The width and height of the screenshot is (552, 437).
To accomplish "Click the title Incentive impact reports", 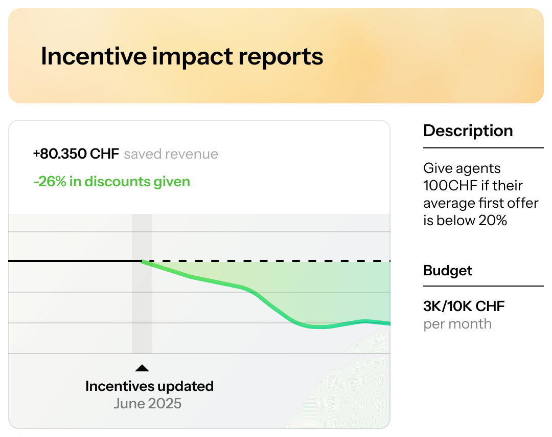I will (x=182, y=56).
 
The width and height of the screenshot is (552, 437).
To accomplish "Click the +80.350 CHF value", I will (x=76, y=154).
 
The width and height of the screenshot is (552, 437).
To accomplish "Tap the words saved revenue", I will (x=171, y=154).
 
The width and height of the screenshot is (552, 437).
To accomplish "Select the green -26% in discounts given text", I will (x=111, y=182).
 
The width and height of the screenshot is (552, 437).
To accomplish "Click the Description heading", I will (x=468, y=131).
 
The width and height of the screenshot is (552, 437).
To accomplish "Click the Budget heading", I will (x=448, y=271).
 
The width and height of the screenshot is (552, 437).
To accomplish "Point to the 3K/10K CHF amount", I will (x=464, y=307).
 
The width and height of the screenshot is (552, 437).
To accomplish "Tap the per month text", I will (x=457, y=324).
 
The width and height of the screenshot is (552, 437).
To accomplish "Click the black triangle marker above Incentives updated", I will (x=142, y=368).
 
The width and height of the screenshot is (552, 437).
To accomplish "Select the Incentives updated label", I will (x=149, y=386).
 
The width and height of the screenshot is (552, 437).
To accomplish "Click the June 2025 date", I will (x=147, y=404).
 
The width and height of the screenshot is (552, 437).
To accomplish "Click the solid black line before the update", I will (x=72, y=261).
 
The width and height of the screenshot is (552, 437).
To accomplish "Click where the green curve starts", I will (x=143, y=261).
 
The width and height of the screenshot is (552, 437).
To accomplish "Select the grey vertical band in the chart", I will (x=142, y=307).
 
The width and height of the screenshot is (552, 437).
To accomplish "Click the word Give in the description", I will (x=437, y=168).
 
